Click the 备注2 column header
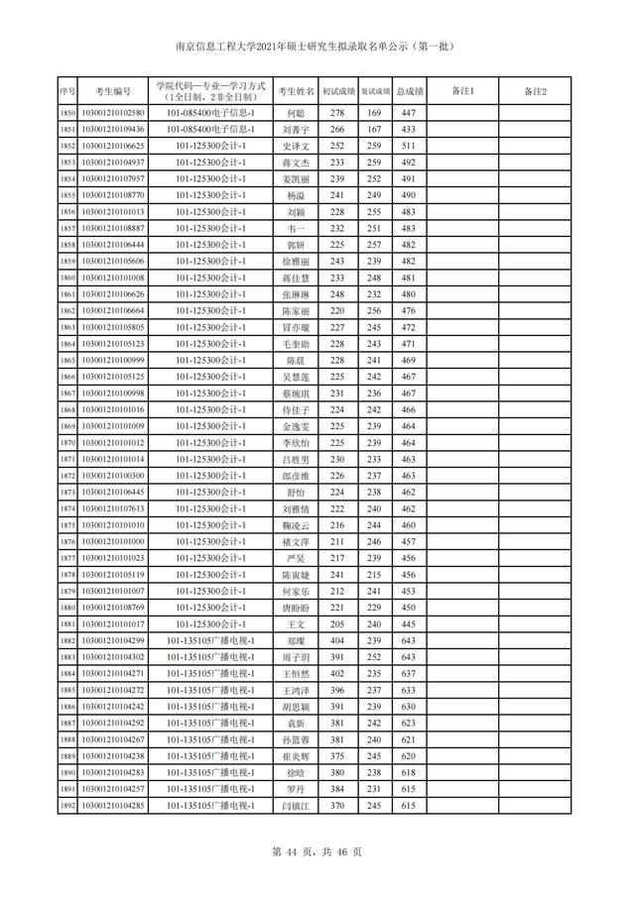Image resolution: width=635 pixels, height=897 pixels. [x=537, y=91]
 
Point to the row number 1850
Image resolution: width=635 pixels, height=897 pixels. [x=67, y=114]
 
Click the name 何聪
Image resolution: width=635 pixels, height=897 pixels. [x=296, y=114]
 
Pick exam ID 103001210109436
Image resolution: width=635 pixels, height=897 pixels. [x=112, y=130]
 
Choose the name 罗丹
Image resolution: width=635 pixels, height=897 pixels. [x=296, y=788]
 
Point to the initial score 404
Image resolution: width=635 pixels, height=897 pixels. [x=336, y=640]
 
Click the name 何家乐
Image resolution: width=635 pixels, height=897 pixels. [x=296, y=591]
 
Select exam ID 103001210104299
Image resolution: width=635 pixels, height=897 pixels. [x=112, y=640]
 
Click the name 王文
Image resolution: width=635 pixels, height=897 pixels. [x=296, y=624]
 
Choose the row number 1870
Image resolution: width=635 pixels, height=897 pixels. [x=67, y=443]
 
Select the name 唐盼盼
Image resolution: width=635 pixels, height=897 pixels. [x=296, y=608]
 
